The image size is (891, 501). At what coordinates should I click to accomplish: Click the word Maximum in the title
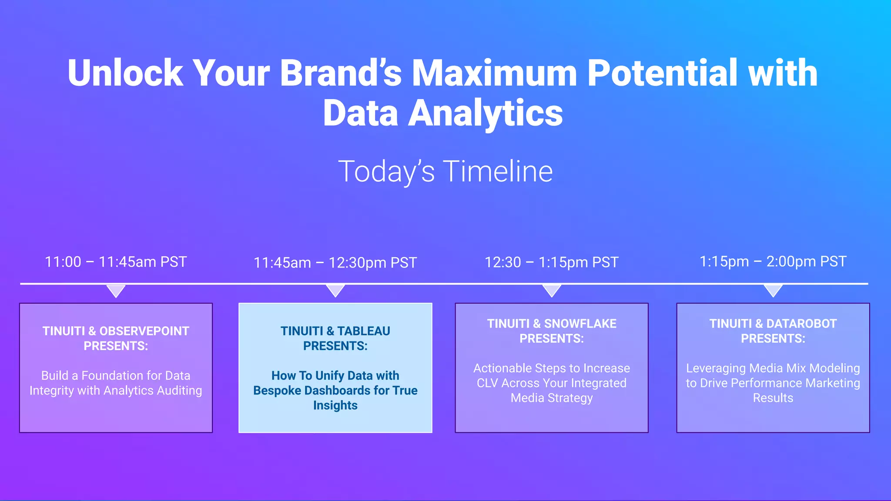coord(494,73)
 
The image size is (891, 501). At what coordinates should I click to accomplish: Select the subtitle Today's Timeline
coord(445,171)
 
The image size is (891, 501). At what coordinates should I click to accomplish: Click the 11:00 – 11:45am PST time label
coord(116,262)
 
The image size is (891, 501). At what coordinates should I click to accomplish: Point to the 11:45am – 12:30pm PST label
coord(335,263)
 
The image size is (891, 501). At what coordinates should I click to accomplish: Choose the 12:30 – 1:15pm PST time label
coord(551,262)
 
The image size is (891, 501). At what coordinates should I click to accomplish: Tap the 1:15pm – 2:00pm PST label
coord(773,261)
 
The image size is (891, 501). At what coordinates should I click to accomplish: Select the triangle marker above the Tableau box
coord(335,290)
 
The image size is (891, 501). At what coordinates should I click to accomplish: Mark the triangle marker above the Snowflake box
coord(552,290)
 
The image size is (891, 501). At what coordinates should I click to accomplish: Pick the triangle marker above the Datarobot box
coord(773,290)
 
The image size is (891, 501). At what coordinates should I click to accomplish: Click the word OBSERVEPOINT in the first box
coord(144,331)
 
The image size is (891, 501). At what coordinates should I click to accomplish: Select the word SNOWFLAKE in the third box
coord(580,324)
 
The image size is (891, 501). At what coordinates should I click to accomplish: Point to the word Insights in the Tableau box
coord(335,405)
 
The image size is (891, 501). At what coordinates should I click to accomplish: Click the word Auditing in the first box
coord(179,391)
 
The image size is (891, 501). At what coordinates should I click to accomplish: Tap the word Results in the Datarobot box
coord(773,398)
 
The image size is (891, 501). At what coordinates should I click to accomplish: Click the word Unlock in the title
coord(125,73)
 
